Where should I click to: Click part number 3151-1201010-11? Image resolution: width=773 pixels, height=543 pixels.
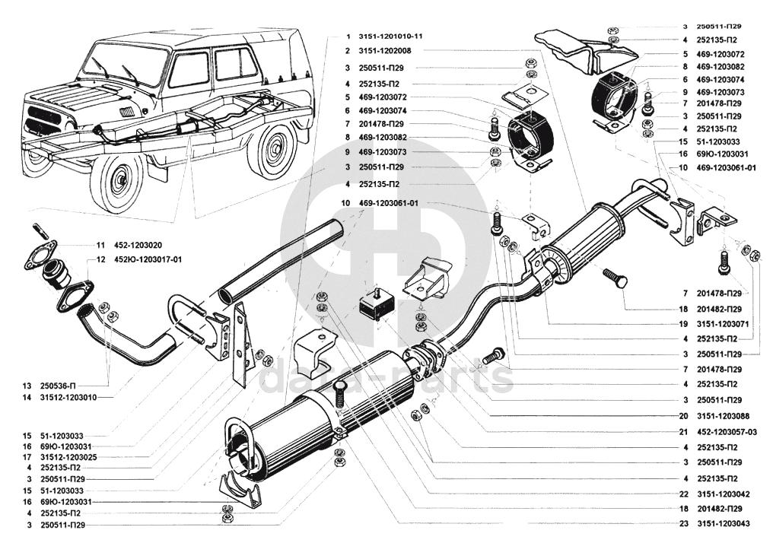pos(390,36)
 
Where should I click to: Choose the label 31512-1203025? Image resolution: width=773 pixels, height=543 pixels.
pos(68,457)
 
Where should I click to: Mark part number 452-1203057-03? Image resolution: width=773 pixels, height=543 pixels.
pos(727,431)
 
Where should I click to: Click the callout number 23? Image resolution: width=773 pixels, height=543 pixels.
pos(683,524)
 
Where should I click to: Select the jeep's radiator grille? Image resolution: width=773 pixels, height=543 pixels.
pos(38,121)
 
